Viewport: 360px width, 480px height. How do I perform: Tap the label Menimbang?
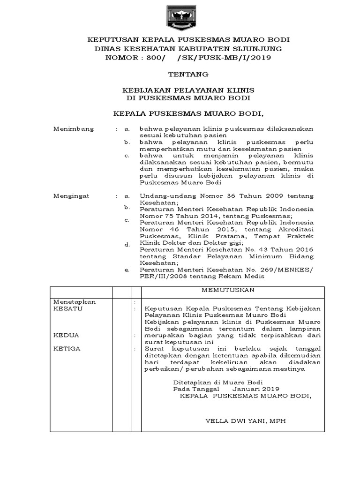[74, 128]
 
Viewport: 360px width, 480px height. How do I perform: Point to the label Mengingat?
[74, 195]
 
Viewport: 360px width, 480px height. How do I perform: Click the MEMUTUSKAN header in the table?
[228, 290]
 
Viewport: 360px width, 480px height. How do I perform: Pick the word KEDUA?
[66, 335]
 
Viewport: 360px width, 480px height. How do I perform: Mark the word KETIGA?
[67, 349]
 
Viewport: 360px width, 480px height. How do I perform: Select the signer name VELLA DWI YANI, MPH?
[246, 421]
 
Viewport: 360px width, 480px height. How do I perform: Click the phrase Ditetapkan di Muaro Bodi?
[218, 382]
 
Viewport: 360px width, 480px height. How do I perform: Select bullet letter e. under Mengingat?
[126, 270]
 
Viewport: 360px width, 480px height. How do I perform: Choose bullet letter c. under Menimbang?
[126, 155]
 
